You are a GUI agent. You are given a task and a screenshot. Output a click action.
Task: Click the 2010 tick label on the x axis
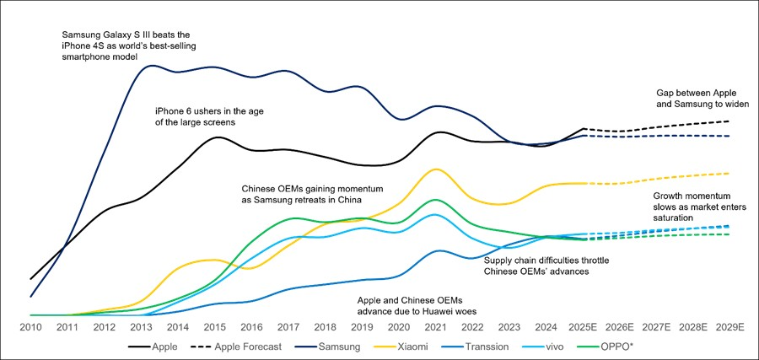(x=30, y=326)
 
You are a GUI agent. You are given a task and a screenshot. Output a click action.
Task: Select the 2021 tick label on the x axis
(x=435, y=326)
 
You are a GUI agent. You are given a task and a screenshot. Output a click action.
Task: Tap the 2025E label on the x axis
(x=583, y=326)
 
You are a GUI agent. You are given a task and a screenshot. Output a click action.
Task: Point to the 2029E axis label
(x=729, y=326)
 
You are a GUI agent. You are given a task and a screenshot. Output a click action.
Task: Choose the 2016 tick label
(x=251, y=326)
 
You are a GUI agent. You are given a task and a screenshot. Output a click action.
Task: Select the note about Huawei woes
(x=411, y=305)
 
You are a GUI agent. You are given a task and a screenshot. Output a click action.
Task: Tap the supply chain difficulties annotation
(x=546, y=266)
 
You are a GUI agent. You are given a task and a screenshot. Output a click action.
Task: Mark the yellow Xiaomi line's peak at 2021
(x=435, y=169)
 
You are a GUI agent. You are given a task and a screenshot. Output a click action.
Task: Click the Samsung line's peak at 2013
(x=153, y=65)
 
